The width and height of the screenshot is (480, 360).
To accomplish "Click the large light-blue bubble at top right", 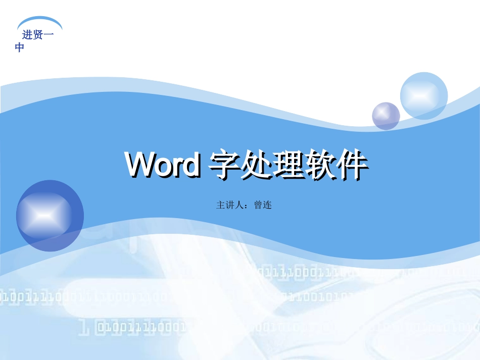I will click(x=424, y=96).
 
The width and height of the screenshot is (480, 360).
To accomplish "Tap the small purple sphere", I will click(x=386, y=116).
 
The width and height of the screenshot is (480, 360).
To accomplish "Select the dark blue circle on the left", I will click(x=50, y=216).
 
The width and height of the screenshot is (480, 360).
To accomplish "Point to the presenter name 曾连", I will click(x=263, y=205).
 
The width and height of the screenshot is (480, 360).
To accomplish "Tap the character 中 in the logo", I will click(x=20, y=48).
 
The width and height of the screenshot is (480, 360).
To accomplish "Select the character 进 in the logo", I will click(x=27, y=35).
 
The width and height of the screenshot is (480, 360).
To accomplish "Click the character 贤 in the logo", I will click(x=38, y=35).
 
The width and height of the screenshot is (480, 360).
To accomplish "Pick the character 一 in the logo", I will click(x=49, y=35).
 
